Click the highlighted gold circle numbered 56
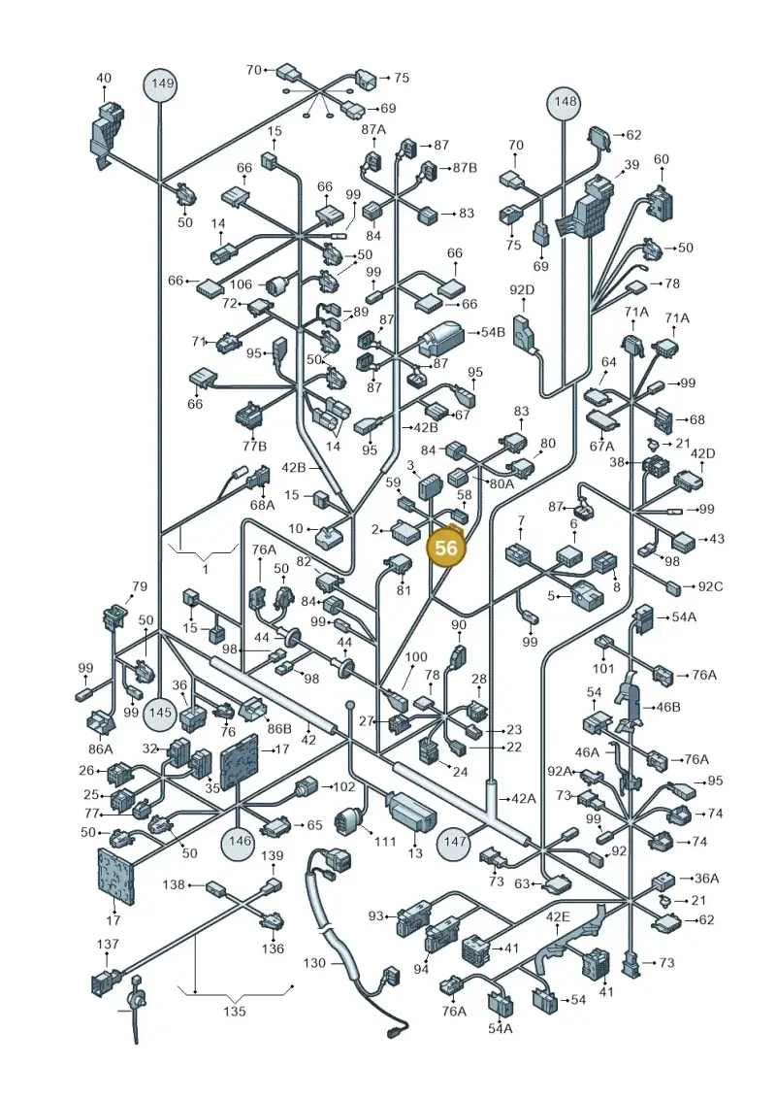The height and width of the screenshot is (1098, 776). [x=446, y=547]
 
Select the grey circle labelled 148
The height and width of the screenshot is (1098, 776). [x=566, y=102]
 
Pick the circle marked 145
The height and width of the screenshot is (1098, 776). [x=160, y=713]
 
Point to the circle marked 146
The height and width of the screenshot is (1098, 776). [x=240, y=842]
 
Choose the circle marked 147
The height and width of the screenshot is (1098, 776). [x=455, y=842]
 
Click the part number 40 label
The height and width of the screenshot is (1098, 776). [x=104, y=78]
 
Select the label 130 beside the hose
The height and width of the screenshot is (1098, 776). [x=314, y=963]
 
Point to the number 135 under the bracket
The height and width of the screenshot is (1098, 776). [x=235, y=1011]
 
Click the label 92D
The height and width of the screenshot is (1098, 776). [x=521, y=289]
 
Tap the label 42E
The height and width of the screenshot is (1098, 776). [x=558, y=917]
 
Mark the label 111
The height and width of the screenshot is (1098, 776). [x=385, y=841]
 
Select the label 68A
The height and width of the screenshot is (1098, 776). [x=262, y=504]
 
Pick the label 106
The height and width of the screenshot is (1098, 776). [x=241, y=283]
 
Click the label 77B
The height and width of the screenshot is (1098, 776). [x=254, y=446]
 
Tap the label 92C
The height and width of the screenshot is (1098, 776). [x=709, y=586]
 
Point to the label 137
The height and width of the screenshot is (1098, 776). [x=107, y=944]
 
